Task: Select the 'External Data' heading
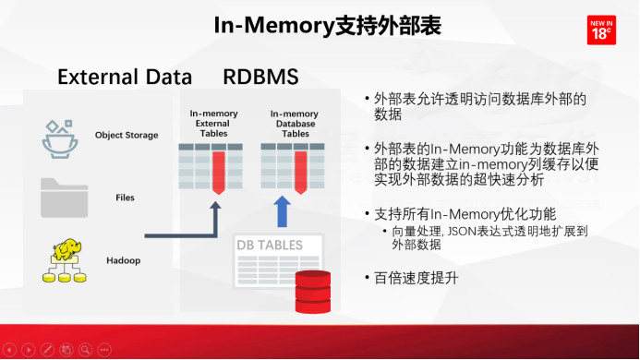click(125, 76)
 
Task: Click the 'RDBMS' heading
click(260, 76)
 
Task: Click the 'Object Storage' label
click(127, 136)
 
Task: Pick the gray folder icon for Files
click(62, 197)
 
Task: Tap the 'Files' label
click(126, 198)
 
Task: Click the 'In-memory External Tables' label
click(214, 124)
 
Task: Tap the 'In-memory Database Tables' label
click(296, 124)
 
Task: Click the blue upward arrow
click(283, 211)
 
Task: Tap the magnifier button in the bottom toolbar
click(85, 350)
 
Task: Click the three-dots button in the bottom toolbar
click(103, 350)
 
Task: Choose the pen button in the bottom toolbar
click(47, 350)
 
